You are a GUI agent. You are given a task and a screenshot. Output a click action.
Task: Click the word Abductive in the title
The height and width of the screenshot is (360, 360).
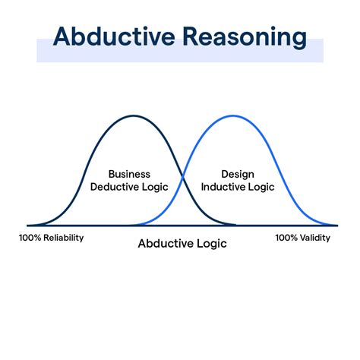[x=114, y=36]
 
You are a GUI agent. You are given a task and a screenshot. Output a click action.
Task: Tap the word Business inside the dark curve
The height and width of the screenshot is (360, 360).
[x=129, y=174]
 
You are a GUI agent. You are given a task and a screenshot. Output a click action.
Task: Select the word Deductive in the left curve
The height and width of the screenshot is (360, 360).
[x=114, y=187]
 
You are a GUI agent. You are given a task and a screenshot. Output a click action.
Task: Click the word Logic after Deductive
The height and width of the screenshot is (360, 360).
[x=155, y=188]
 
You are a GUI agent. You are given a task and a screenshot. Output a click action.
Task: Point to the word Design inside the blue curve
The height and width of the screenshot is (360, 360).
[x=238, y=175]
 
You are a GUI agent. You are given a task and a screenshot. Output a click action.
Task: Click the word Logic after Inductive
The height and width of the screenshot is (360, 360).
[x=261, y=188]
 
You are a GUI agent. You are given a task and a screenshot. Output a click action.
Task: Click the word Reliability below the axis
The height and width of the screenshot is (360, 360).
[x=64, y=238]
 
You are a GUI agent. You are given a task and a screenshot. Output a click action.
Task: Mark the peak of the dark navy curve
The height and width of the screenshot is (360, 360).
[x=134, y=116]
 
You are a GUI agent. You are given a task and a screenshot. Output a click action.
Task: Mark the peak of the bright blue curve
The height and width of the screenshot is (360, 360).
[x=233, y=116]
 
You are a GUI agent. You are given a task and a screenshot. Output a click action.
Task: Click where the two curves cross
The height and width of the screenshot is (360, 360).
[x=183, y=176]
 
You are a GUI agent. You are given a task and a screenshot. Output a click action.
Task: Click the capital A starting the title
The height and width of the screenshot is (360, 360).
[x=62, y=36]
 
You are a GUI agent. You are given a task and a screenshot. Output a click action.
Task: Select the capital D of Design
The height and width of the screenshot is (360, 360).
[x=225, y=174]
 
